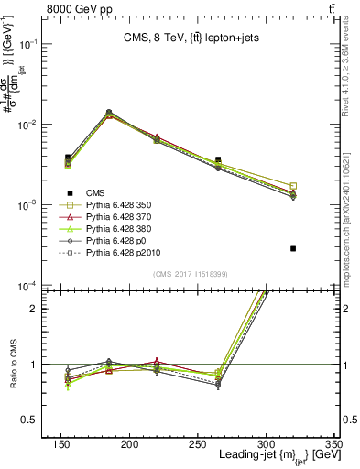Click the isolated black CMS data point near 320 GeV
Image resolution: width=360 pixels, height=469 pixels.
pyautogui.click(x=293, y=248)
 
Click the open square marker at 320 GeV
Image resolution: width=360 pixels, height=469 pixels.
pyautogui.click(x=293, y=186)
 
